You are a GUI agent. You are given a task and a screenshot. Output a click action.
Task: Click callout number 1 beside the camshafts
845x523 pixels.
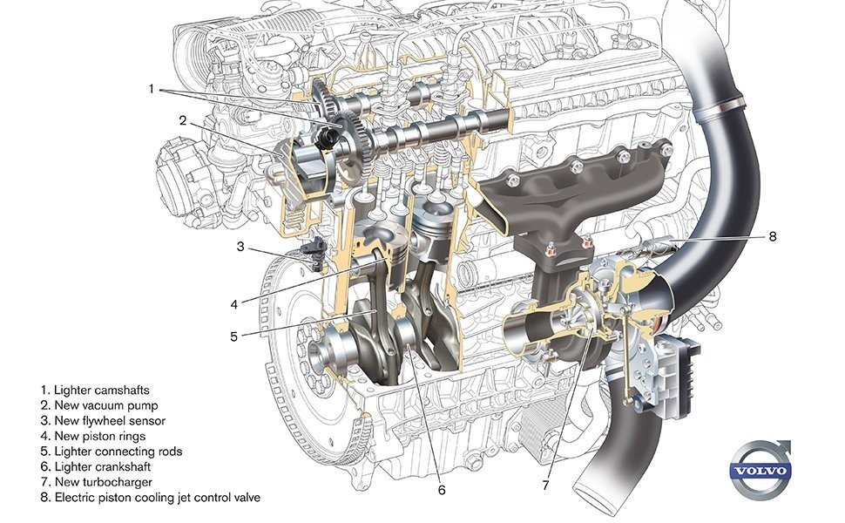(152, 88)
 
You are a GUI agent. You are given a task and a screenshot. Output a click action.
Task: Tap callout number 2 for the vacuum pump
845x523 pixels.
(183, 121)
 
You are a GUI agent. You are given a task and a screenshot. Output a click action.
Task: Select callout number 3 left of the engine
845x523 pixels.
(240, 247)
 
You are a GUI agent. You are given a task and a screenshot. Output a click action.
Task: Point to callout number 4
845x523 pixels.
(233, 304)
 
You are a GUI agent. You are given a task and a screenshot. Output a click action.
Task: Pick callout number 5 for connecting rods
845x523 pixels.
(233, 336)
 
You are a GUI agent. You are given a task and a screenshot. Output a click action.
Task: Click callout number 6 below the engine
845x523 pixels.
(442, 490)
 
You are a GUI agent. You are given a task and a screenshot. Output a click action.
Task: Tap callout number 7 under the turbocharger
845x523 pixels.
(545, 486)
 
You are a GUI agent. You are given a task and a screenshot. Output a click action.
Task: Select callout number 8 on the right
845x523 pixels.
(773, 236)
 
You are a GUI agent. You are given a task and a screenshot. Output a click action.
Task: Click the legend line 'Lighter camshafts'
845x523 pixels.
(95, 390)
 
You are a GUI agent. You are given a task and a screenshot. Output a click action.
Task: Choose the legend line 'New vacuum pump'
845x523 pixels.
(99, 405)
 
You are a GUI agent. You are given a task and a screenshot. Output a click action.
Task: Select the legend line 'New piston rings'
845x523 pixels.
(93, 436)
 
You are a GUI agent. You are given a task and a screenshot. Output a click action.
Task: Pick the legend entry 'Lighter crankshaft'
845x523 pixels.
(96, 466)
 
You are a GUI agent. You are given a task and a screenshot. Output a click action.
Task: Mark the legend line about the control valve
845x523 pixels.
(151, 497)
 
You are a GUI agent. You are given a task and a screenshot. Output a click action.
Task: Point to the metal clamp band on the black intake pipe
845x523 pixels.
(721, 106)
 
